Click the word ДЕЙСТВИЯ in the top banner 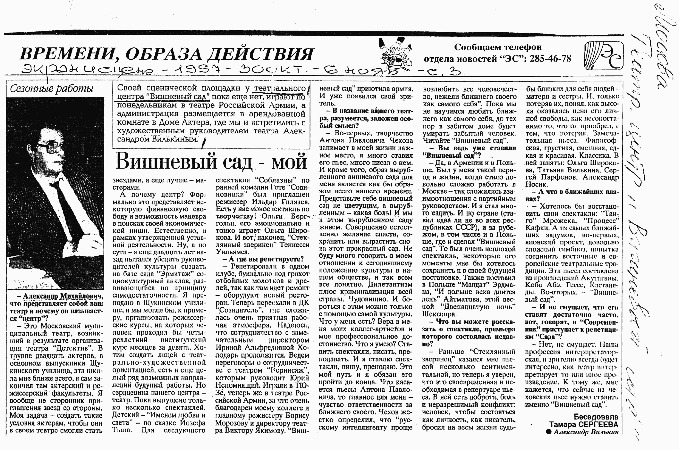pyautogui.click(x=260, y=54)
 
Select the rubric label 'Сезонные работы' pyautogui.click(x=52, y=89)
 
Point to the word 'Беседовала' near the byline pyautogui.click(x=596, y=417)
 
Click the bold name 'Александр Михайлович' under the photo pyautogui.click(x=63, y=296)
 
